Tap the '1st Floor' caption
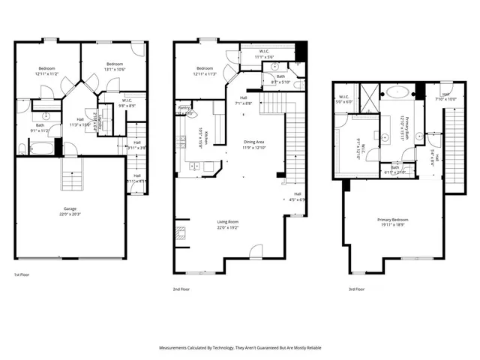(x=22, y=275)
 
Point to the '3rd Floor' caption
(x=356, y=288)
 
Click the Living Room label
(x=227, y=223)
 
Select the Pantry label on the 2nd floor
(x=182, y=109)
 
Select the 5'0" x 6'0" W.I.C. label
(x=343, y=100)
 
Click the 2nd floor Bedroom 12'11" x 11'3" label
(x=205, y=71)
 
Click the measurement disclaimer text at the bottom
(x=240, y=348)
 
